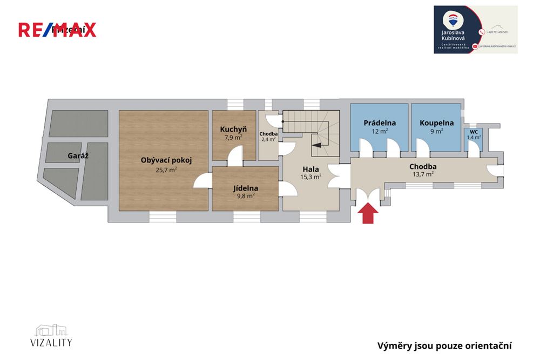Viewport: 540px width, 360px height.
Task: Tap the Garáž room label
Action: [x=78, y=155]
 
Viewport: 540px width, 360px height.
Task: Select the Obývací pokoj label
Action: [x=166, y=160]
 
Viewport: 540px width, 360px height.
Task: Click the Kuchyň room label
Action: [x=233, y=130]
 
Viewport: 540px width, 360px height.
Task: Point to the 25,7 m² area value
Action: [x=166, y=169]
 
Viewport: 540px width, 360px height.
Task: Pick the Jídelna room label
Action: [x=246, y=188]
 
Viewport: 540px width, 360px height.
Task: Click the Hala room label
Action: [x=310, y=169]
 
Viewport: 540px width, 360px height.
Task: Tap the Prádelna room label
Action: [x=380, y=123]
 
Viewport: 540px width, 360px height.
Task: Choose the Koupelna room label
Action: [x=436, y=123]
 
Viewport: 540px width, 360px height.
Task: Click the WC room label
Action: [x=474, y=132]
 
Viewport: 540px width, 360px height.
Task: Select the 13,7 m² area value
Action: [x=423, y=174]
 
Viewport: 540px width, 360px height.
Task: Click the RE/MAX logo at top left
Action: [x=57, y=30]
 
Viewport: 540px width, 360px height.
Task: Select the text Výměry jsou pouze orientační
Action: [x=444, y=346]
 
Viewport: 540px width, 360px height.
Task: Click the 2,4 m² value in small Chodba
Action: [x=268, y=139]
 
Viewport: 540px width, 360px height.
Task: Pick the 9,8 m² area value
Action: [x=246, y=196]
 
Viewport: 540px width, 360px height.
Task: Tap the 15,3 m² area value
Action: [x=310, y=176]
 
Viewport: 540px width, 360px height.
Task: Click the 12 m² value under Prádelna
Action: [x=380, y=131]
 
